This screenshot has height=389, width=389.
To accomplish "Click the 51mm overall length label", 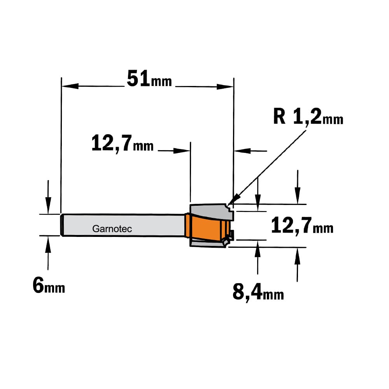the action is (149, 79).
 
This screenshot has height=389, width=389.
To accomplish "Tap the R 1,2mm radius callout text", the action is (308, 117).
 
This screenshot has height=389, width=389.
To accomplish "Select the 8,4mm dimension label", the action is (258, 293).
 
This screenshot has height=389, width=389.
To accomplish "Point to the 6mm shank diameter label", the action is (49, 286).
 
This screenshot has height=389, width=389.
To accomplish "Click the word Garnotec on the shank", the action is (112, 229).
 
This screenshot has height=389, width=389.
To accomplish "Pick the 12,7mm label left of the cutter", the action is (122, 144).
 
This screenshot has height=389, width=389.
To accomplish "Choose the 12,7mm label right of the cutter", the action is (302, 225).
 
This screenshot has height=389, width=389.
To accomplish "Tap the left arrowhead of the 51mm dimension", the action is (70, 86).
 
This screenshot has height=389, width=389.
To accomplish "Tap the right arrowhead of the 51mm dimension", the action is (225, 87).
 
